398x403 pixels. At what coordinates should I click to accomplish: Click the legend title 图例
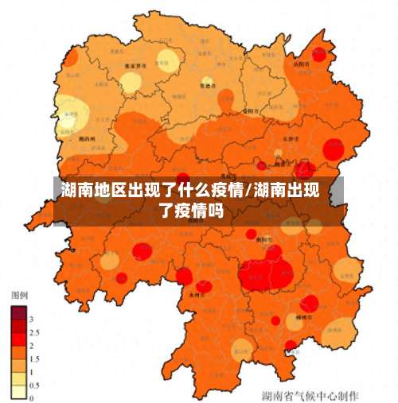click(x=19, y=294)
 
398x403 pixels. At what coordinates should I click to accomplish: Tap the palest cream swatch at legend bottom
click(x=18, y=390)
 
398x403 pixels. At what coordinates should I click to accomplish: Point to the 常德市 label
click(x=208, y=86)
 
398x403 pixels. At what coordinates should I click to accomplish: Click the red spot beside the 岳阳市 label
click(x=319, y=55)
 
